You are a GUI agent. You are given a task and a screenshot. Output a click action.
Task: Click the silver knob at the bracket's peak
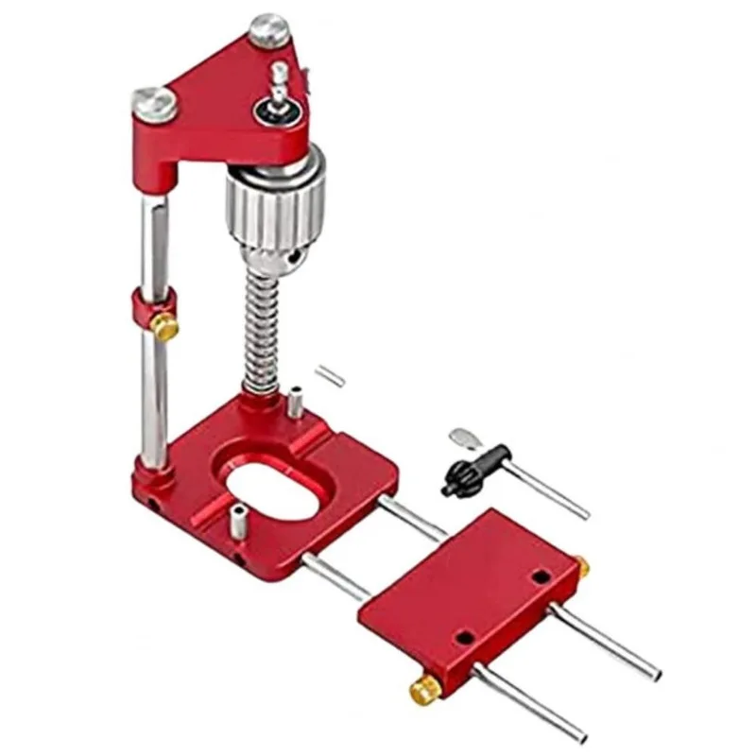pyautogui.click(x=269, y=29)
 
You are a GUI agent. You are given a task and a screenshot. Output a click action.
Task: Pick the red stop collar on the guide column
pyautogui.click(x=152, y=308)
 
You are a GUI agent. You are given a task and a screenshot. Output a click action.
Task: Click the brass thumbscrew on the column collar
pyautogui.click(x=166, y=328)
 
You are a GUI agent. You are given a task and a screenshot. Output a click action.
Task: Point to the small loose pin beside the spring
pyautogui.click(x=330, y=374)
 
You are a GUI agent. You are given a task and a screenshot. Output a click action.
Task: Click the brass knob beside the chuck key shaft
pyautogui.click(x=582, y=567)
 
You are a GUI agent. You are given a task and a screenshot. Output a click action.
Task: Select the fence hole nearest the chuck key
pyautogui.click(x=540, y=576)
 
